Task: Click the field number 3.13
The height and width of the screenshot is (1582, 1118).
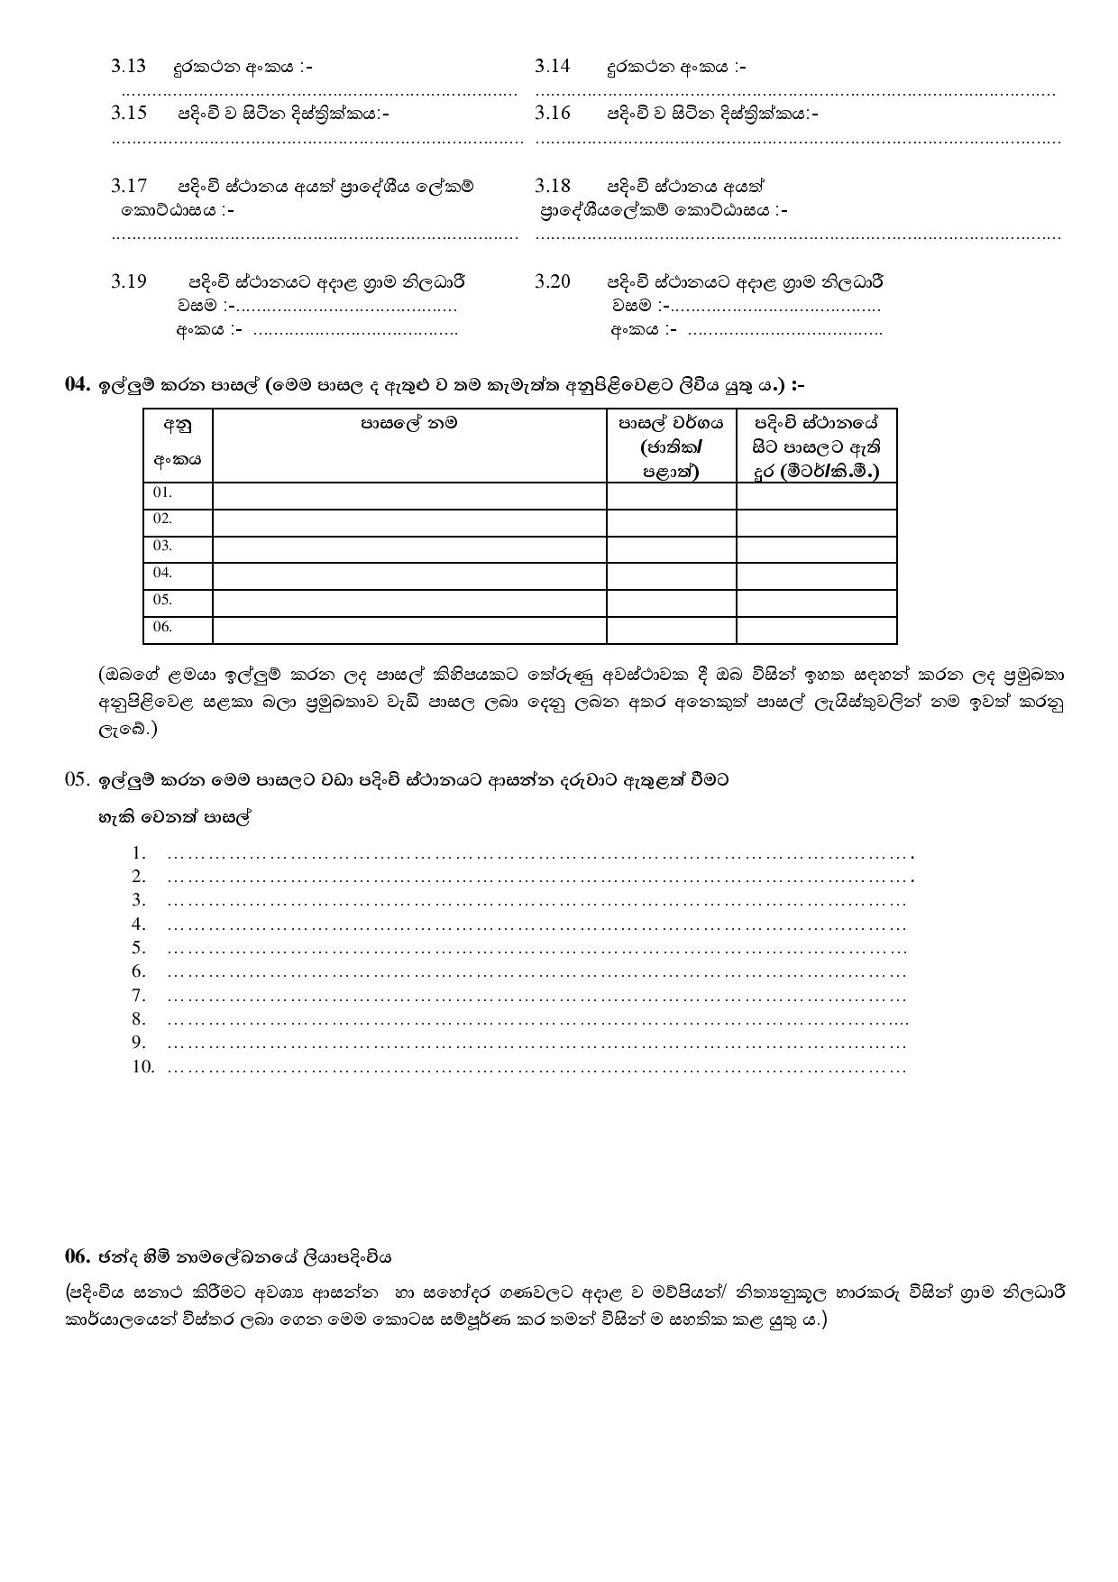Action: tap(128, 66)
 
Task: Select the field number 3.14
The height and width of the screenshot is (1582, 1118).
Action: tap(552, 66)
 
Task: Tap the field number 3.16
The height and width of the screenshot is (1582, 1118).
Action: tap(552, 113)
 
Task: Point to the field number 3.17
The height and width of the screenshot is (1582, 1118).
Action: tap(128, 186)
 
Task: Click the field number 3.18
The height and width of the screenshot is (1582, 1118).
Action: tap(552, 186)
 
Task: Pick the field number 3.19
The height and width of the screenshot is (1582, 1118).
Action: tap(128, 281)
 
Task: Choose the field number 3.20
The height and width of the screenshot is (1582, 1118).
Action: tap(552, 281)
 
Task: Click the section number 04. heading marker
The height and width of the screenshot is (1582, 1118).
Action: tap(77, 385)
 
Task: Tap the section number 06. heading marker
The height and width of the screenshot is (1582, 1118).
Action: tap(77, 1256)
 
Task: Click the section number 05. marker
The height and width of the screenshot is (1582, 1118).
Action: tap(77, 780)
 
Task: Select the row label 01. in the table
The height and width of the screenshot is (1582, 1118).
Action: tap(162, 492)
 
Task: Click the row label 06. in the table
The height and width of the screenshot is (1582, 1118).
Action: tap(162, 627)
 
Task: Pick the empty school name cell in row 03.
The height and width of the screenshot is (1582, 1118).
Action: tap(409, 549)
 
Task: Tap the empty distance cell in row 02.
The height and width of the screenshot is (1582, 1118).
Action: tap(816, 522)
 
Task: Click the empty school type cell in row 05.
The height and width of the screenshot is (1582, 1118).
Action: tap(671, 602)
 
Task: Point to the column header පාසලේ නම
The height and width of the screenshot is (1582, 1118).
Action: tap(409, 422)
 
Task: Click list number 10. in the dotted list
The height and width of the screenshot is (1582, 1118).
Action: tap(142, 1067)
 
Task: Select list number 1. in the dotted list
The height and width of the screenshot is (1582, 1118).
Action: tap(138, 852)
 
